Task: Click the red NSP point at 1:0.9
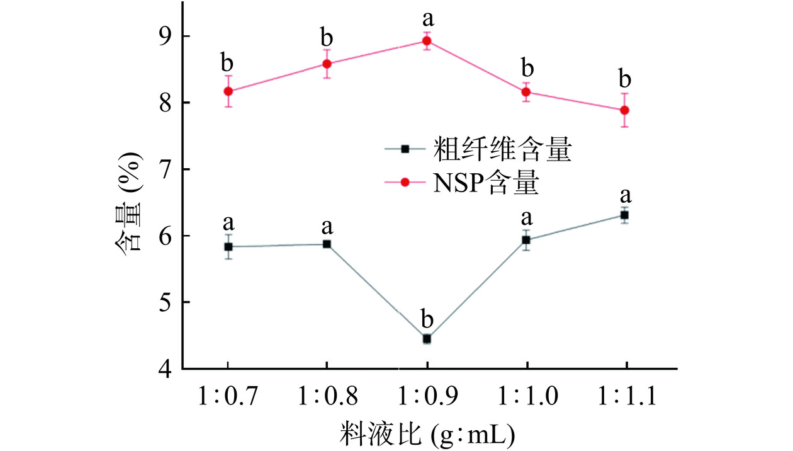coord(427,42)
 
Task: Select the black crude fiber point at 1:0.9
coord(427,339)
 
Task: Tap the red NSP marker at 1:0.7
coord(228,91)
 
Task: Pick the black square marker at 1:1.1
coord(624,215)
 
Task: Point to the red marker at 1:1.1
coord(624,110)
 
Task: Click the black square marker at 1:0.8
coord(327,244)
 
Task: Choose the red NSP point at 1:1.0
coord(526,92)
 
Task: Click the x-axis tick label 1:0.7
coord(227,397)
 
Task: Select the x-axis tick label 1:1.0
coord(526,397)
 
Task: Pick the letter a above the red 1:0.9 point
coord(427,17)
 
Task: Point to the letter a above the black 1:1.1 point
coord(625,195)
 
